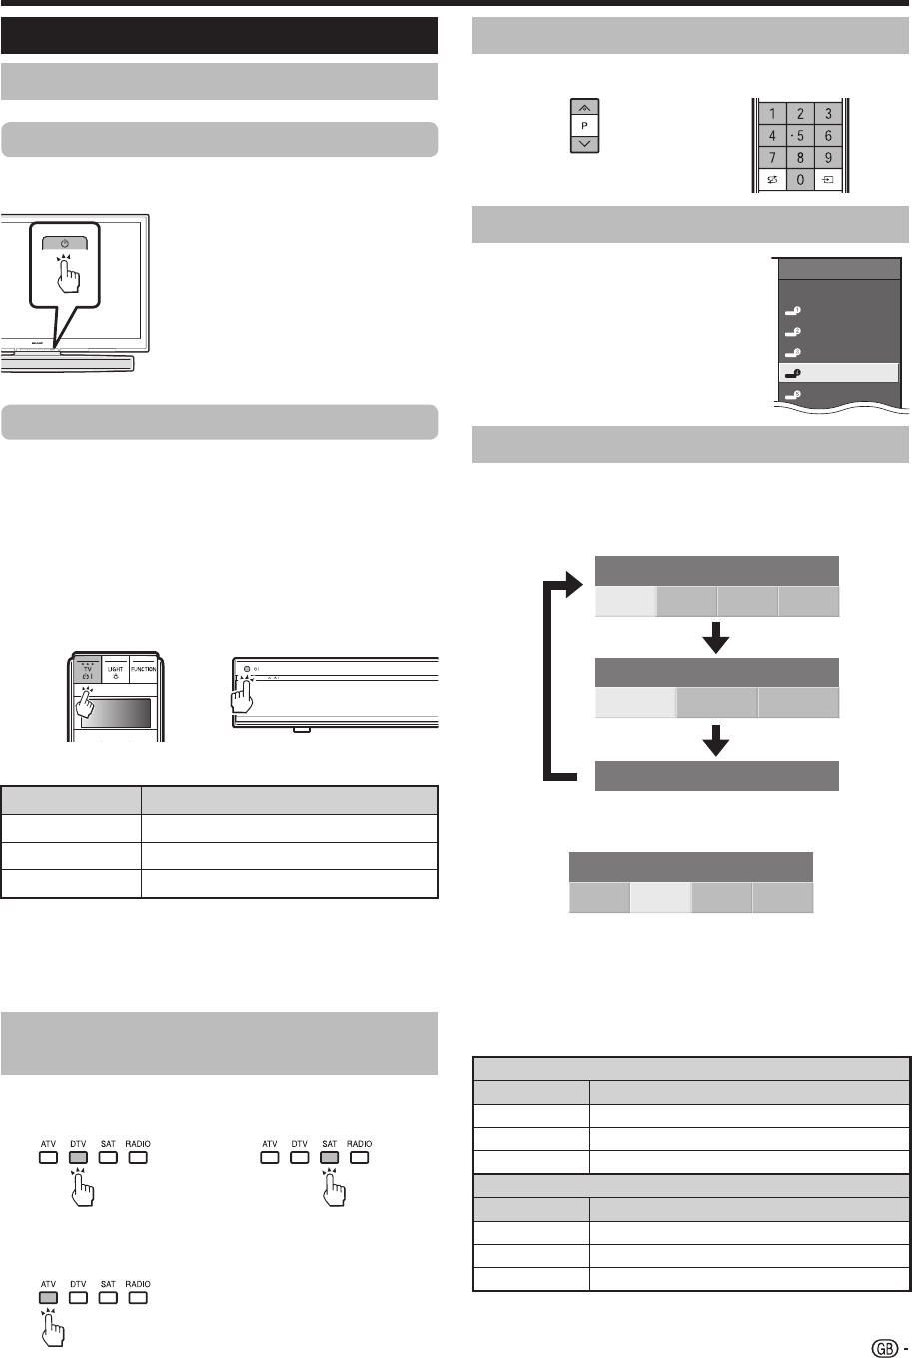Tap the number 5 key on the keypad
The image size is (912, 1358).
(800, 136)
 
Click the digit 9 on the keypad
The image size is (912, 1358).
(828, 158)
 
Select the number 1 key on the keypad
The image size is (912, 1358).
(773, 114)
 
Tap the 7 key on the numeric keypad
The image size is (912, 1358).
(773, 158)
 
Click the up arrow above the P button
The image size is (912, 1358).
(585, 107)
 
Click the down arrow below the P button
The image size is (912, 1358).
(585, 144)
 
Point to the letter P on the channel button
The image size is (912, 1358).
(585, 125)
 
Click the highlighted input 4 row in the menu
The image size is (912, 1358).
(837, 373)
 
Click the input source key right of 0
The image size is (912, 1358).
(828, 181)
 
